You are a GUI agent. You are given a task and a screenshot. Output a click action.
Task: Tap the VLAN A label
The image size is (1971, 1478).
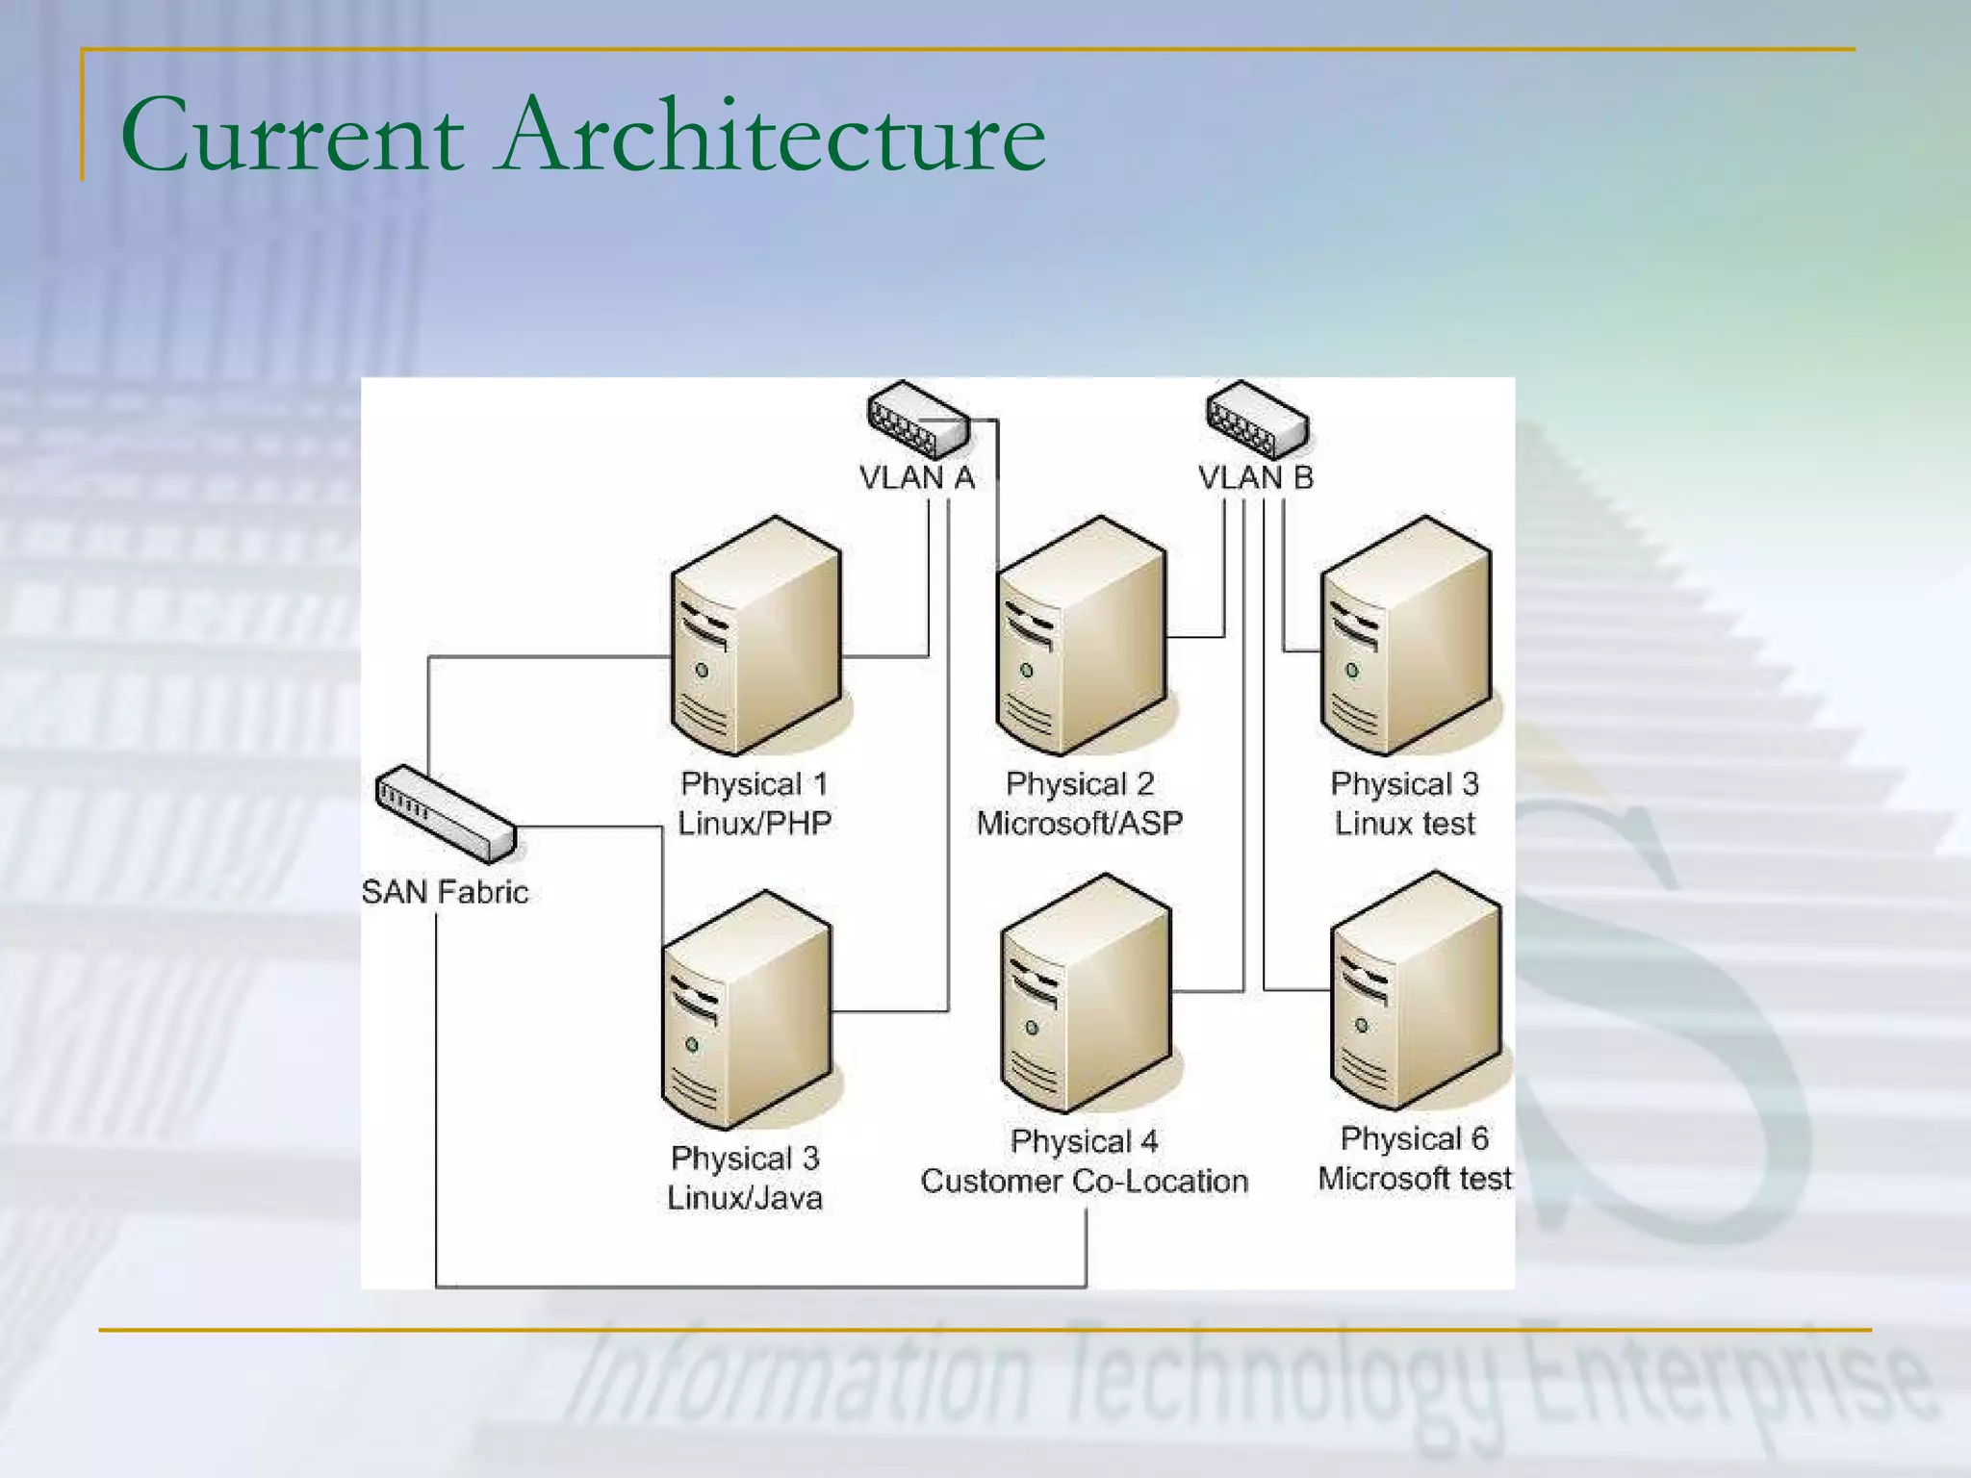coord(917,477)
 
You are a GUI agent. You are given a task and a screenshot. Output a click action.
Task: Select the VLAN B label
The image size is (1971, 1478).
coord(1256,477)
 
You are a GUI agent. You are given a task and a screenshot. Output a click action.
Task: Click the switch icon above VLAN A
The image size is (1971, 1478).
coord(917,420)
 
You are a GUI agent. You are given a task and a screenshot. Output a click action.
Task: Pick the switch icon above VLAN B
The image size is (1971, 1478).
coord(1257,420)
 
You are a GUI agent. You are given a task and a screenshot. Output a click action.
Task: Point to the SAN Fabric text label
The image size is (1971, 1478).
coord(446,892)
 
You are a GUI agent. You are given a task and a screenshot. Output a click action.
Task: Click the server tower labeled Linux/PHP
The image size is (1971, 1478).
coord(755,635)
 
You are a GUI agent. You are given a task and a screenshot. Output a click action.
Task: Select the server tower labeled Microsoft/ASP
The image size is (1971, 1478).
coord(1081,635)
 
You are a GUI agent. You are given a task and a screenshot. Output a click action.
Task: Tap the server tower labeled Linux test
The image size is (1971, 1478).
coord(1406,635)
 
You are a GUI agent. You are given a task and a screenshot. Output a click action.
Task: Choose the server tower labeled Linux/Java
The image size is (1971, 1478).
coord(746,1010)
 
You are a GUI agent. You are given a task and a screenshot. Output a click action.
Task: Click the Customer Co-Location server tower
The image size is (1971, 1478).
coord(1086,993)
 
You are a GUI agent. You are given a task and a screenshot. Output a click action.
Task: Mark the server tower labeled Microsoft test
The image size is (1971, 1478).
coord(1415,991)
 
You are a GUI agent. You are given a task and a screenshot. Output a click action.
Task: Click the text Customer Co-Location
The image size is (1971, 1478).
coord(1085,1181)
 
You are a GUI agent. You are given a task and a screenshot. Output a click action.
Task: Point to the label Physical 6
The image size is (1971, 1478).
coord(1415,1139)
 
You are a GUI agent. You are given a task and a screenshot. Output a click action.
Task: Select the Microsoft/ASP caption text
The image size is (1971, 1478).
coord(1080,823)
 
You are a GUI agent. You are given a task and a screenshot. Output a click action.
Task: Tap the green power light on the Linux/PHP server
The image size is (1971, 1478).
coord(702,670)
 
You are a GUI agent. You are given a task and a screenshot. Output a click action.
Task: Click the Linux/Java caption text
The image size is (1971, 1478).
coord(745,1198)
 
